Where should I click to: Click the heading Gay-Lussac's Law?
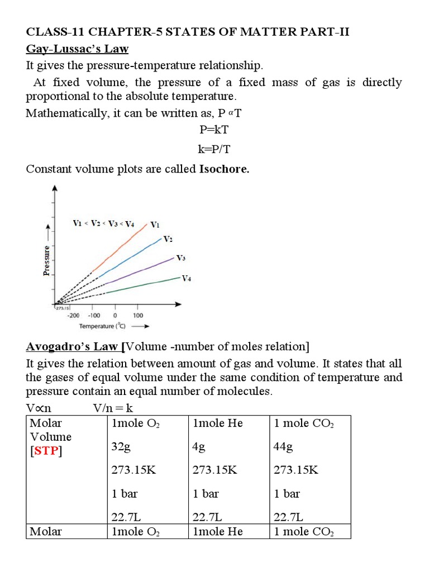(x=77, y=49)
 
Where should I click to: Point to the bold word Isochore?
(x=224, y=169)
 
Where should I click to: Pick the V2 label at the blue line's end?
(x=168, y=239)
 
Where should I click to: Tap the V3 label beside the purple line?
(x=181, y=258)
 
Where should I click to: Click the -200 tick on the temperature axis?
(x=73, y=315)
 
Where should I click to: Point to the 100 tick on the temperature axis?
(x=137, y=315)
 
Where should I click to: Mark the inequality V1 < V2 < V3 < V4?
(x=103, y=224)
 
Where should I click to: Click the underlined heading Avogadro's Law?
(x=73, y=347)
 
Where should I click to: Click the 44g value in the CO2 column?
(x=283, y=447)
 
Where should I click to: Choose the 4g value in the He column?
(x=200, y=447)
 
